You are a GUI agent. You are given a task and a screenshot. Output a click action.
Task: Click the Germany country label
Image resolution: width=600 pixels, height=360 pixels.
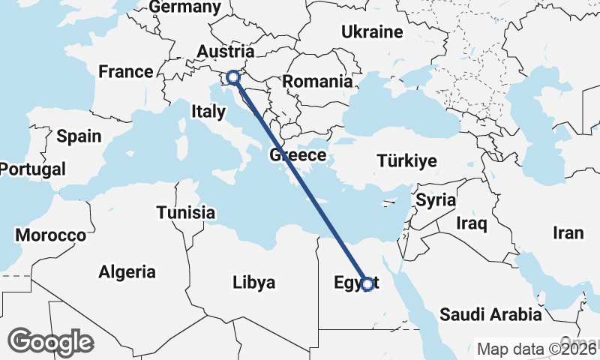tap(185, 7)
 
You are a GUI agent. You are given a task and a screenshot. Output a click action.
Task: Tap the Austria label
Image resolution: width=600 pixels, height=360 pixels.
tap(225, 51)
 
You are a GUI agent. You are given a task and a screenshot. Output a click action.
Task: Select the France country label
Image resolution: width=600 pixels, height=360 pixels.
tap(126, 72)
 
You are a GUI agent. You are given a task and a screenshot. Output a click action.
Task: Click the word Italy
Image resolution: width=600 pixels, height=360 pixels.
tap(208, 112)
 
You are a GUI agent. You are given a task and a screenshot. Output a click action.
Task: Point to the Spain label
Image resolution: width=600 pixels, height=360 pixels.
tap(79, 136)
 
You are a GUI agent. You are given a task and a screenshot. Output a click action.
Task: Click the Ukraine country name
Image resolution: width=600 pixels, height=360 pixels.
tap(372, 31)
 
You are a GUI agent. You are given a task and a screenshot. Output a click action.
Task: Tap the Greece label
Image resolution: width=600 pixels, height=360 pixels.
tap(298, 155)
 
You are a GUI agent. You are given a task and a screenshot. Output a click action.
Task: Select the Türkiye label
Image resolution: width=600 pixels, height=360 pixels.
tap(406, 161)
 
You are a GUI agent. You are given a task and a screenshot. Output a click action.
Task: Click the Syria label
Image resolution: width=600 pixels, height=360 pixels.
tap(436, 200)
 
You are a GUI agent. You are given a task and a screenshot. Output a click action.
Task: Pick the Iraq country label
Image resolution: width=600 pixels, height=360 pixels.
tap(472, 223)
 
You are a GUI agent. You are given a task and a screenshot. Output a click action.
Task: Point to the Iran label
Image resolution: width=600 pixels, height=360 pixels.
tap(568, 233)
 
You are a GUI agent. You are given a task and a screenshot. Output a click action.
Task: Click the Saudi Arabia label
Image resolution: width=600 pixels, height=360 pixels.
tap(490, 313)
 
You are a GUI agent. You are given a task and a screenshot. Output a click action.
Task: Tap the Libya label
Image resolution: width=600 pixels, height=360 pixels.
tap(253, 283)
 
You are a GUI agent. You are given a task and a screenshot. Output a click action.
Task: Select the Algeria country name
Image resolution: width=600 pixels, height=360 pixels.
tap(127, 271)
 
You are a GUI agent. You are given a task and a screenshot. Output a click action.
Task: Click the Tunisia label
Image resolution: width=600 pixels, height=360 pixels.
tap(186, 212)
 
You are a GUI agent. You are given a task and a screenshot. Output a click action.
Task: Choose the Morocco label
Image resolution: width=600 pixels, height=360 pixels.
tap(51, 235)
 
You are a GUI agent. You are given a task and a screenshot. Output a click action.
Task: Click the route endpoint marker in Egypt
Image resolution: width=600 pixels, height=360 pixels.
tap(367, 284)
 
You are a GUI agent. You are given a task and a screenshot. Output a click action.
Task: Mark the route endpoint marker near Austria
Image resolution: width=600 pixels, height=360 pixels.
tap(233, 76)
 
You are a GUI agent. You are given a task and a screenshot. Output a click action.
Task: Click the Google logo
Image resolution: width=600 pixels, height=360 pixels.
tap(50, 341)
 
